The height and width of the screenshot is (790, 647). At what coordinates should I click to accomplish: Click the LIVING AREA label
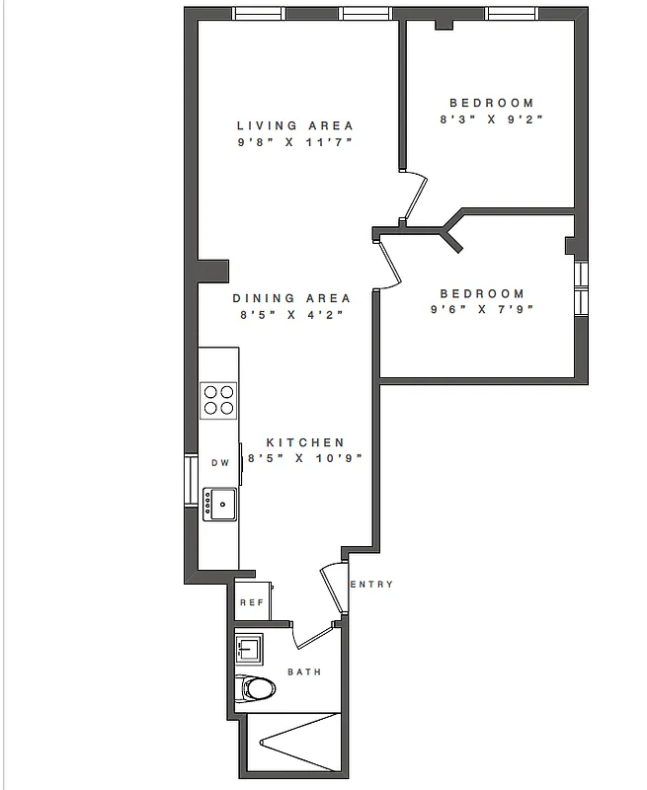[x=294, y=125]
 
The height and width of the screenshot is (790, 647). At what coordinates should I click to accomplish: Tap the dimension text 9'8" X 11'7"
[x=294, y=143]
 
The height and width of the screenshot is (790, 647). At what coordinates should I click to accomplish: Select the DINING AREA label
[x=291, y=298]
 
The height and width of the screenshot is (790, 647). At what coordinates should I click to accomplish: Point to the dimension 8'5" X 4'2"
[x=291, y=316]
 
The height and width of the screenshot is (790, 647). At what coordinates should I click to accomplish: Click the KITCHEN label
[x=305, y=442]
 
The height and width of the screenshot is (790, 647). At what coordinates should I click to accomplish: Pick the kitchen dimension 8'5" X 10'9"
[x=305, y=458]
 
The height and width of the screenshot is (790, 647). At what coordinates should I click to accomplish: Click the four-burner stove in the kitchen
[x=219, y=399]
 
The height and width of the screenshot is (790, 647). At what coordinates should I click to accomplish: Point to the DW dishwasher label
[x=219, y=463]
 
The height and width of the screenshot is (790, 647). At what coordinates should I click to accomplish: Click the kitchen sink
[x=220, y=504]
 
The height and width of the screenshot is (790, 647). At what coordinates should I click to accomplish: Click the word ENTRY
[x=371, y=585]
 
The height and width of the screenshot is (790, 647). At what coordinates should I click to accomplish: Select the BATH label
[x=303, y=672]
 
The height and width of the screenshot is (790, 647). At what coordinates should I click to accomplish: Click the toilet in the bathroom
[x=257, y=687]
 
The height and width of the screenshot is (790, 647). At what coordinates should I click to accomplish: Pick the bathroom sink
[x=249, y=650]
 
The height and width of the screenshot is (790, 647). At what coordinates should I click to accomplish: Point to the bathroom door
[x=316, y=635]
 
